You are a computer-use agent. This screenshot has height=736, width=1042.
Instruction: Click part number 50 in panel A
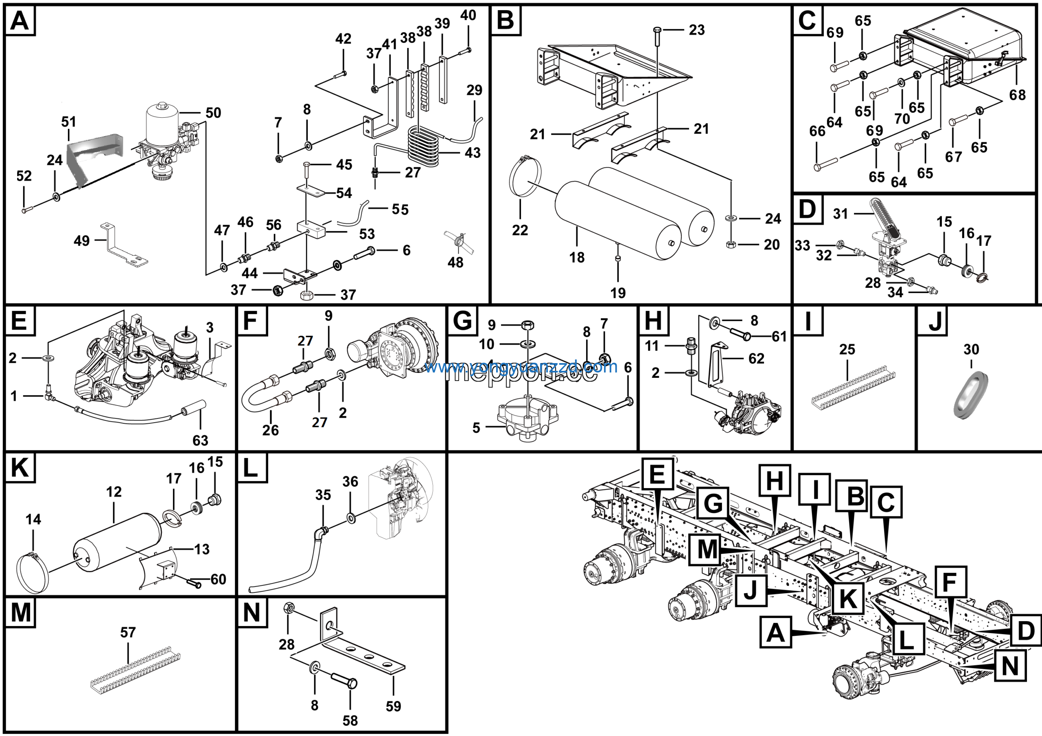pos(213,113)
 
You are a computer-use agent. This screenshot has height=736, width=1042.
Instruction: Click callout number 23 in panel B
pos(696,31)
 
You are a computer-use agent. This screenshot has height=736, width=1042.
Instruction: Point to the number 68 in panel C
pos(1017,95)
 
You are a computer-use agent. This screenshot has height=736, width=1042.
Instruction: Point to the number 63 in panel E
pos(200,440)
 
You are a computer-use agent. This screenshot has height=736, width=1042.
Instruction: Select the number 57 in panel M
pos(128,633)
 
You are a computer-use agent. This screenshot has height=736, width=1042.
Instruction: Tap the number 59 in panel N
pos(394,706)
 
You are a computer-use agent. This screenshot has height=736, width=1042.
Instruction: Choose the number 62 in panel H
pos(757,359)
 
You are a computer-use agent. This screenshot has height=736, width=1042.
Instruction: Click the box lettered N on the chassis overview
pos(1010,666)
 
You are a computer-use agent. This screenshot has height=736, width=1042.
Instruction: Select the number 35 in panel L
pos(323,495)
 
